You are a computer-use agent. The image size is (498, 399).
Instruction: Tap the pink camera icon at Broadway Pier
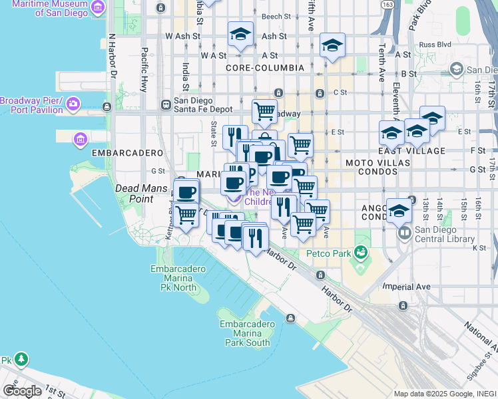73,103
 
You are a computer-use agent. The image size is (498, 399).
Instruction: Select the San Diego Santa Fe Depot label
199,105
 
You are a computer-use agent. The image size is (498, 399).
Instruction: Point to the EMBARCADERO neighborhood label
118,152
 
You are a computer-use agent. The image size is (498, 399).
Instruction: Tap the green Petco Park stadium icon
361,252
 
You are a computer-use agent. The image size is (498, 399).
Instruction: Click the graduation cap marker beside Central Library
399,211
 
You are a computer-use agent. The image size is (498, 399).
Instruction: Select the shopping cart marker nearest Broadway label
264,110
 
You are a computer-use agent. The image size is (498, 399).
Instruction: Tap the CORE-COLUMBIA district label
264,68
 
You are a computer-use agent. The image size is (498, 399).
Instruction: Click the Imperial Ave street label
406,287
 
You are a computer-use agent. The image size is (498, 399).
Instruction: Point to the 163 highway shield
387,5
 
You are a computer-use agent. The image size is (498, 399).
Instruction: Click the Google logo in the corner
22,390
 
